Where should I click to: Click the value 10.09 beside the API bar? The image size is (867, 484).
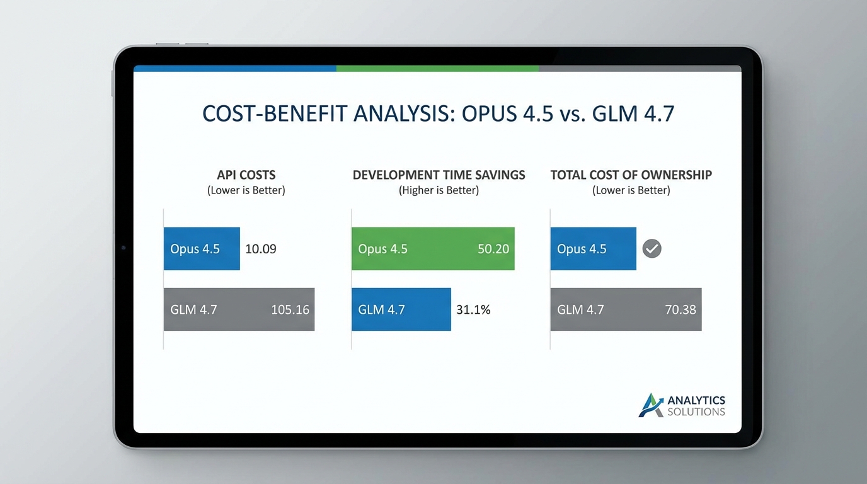click(x=260, y=249)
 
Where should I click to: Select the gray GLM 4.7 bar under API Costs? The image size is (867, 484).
click(x=239, y=309)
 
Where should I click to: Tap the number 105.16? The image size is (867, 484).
click(x=290, y=309)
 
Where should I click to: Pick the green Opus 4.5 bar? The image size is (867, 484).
click(x=433, y=249)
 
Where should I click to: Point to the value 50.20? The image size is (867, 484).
click(x=493, y=249)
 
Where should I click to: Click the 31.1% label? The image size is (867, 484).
click(x=473, y=309)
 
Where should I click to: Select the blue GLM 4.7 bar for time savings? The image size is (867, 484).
click(x=401, y=309)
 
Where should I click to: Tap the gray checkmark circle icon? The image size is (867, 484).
click(x=652, y=249)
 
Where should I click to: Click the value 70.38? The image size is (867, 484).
click(x=680, y=309)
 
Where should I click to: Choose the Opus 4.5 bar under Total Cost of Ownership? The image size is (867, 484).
click(x=593, y=249)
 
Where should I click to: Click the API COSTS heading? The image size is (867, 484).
click(x=246, y=175)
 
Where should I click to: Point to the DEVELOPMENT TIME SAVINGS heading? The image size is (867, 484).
click(x=439, y=175)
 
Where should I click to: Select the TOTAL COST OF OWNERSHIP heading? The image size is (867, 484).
click(x=631, y=175)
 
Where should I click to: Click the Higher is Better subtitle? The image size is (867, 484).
click(x=439, y=190)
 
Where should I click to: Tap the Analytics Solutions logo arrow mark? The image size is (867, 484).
click(x=650, y=405)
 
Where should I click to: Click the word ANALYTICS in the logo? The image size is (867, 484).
click(x=696, y=400)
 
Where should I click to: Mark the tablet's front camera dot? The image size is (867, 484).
click(x=123, y=248)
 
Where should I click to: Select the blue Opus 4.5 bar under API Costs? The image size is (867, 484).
click(x=202, y=249)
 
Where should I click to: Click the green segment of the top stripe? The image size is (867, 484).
click(x=437, y=68)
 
